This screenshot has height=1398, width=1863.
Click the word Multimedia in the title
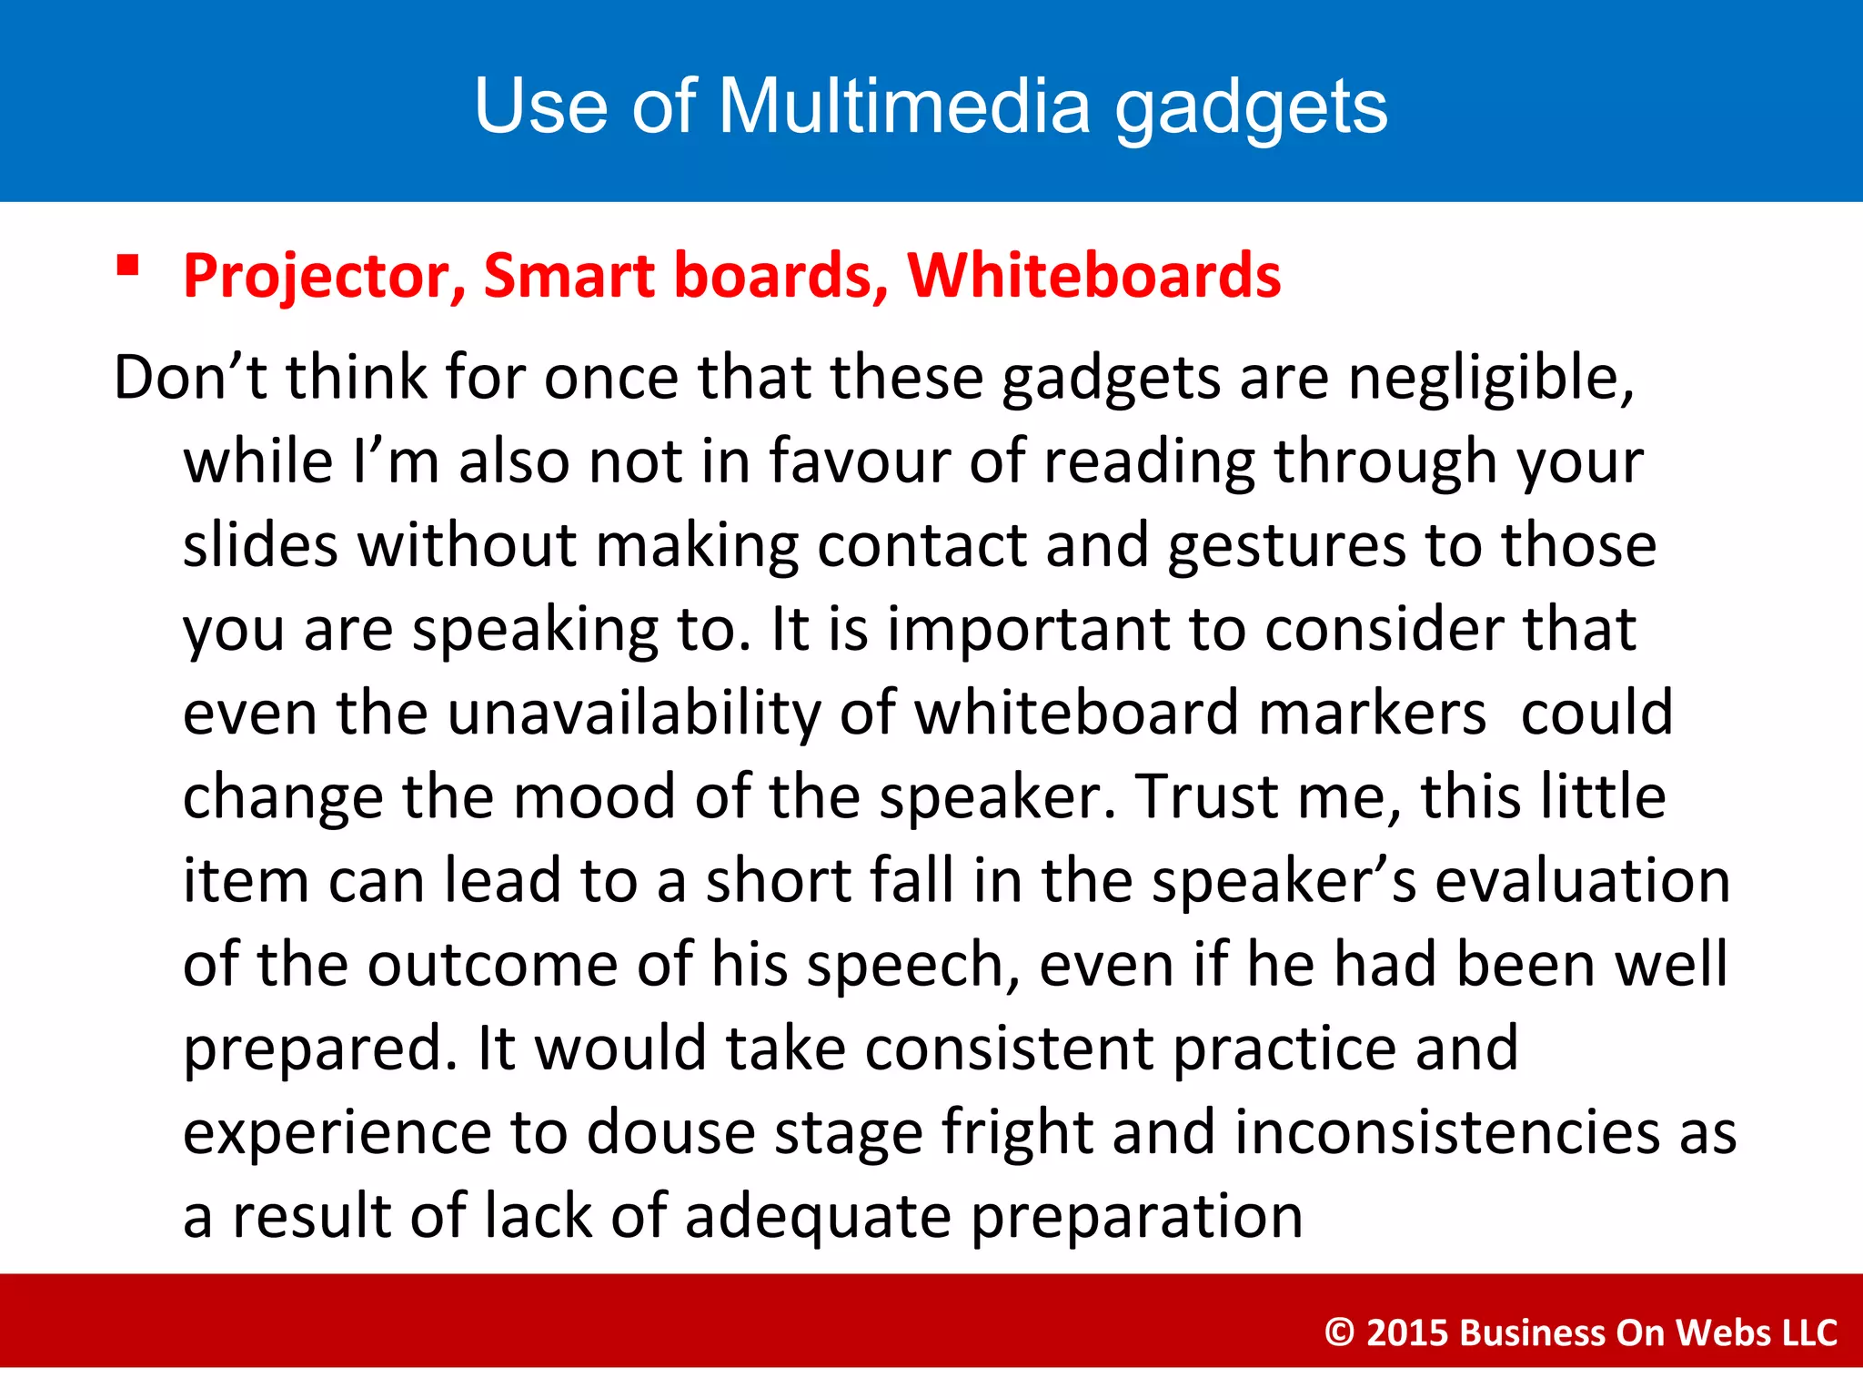[x=904, y=106]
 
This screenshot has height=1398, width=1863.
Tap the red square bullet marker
[x=128, y=265]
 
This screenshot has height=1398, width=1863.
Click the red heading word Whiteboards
[x=1094, y=276]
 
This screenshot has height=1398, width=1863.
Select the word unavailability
[x=634, y=713]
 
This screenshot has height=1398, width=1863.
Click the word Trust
[x=1197, y=797]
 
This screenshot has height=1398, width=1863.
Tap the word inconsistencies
[x=1447, y=1133]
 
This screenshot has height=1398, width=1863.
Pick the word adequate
[x=818, y=1217]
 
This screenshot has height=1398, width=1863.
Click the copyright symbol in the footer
[x=1339, y=1332]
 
